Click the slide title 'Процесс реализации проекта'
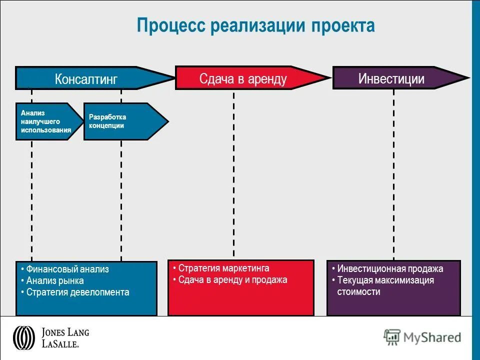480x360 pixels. tap(255, 26)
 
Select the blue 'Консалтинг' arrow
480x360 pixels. tap(86, 78)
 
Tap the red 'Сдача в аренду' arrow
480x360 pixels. tap(243, 78)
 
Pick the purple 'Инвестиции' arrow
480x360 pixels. tap(391, 78)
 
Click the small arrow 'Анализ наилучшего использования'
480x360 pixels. tap(46, 121)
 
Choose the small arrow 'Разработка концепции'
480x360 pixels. tap(122, 121)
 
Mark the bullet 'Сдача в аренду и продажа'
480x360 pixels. tap(232, 280)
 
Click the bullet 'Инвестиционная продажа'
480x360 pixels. tap(390, 268)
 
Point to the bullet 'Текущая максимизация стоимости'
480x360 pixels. tap(385, 285)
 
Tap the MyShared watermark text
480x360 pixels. tap(433, 337)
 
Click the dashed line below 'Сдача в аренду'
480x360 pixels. tap(233, 175)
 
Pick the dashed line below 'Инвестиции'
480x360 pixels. tap(393, 175)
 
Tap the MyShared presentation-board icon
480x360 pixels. tap(392, 337)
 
